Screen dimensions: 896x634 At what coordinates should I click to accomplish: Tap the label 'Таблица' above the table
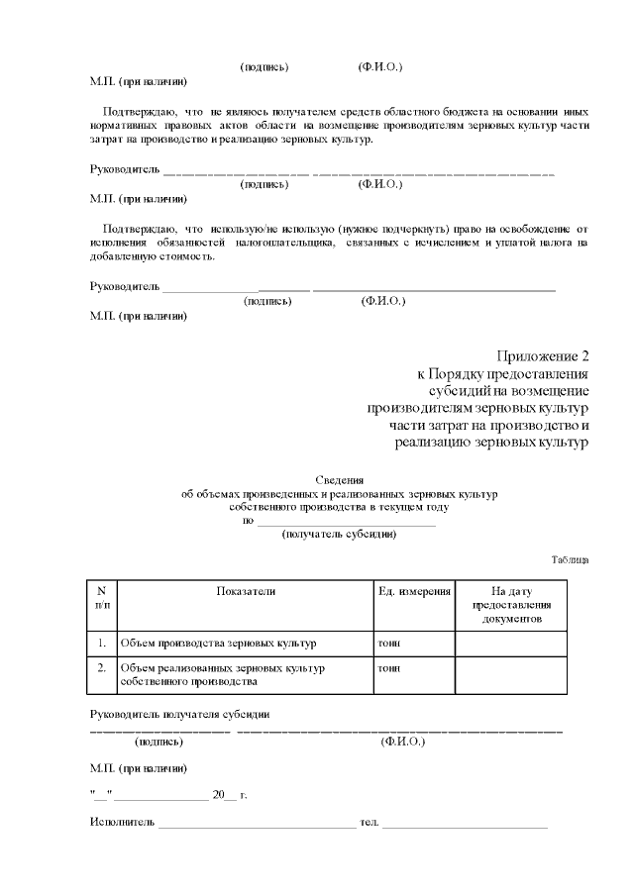coord(570,560)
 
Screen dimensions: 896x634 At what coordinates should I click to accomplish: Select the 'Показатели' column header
coord(246,591)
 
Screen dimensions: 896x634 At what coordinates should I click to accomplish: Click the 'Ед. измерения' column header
coord(414,591)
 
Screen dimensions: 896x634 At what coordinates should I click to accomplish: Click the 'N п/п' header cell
coord(102,597)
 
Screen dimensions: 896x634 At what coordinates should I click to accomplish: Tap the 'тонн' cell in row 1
coord(389,644)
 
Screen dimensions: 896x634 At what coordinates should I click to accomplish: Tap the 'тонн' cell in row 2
coord(389,668)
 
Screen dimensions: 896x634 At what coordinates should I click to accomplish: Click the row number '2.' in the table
coord(102,668)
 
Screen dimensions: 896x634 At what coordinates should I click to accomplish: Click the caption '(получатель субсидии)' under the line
coord(340,535)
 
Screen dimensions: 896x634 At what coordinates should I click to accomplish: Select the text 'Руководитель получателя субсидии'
coord(180,715)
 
